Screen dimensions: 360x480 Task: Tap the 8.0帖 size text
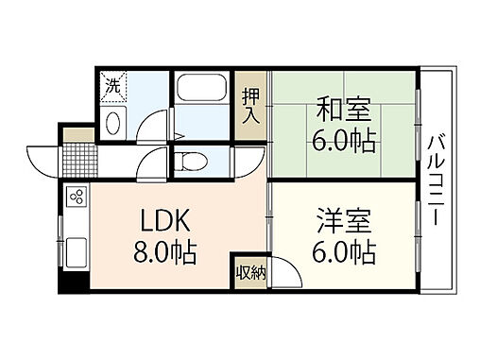tap(166, 253)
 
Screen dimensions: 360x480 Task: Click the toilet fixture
tap(189, 162)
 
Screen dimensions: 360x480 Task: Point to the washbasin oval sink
tap(114, 122)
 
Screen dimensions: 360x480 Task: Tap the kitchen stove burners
tap(77, 199)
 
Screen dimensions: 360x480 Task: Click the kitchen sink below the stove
tap(76, 252)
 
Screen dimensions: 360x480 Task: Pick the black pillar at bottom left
tap(67, 281)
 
